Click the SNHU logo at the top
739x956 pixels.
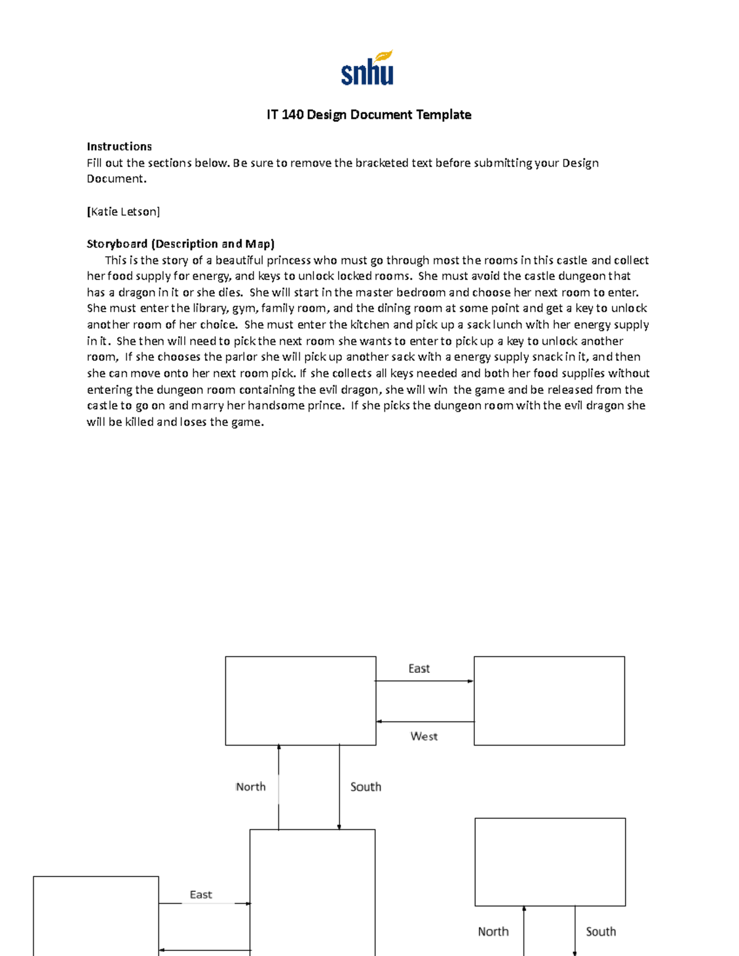368,68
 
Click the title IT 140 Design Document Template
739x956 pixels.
369,114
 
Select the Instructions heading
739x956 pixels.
119,147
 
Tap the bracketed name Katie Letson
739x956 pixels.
123,212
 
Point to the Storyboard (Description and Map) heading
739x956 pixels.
180,244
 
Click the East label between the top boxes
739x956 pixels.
419,669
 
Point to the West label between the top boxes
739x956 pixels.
424,736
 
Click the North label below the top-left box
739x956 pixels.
251,787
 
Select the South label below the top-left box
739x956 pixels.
366,787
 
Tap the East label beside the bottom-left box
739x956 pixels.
201,894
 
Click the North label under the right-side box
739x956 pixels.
493,931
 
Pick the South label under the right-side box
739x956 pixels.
600,931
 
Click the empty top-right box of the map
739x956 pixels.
549,701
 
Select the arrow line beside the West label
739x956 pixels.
425,721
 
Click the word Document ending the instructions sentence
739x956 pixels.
116,179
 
